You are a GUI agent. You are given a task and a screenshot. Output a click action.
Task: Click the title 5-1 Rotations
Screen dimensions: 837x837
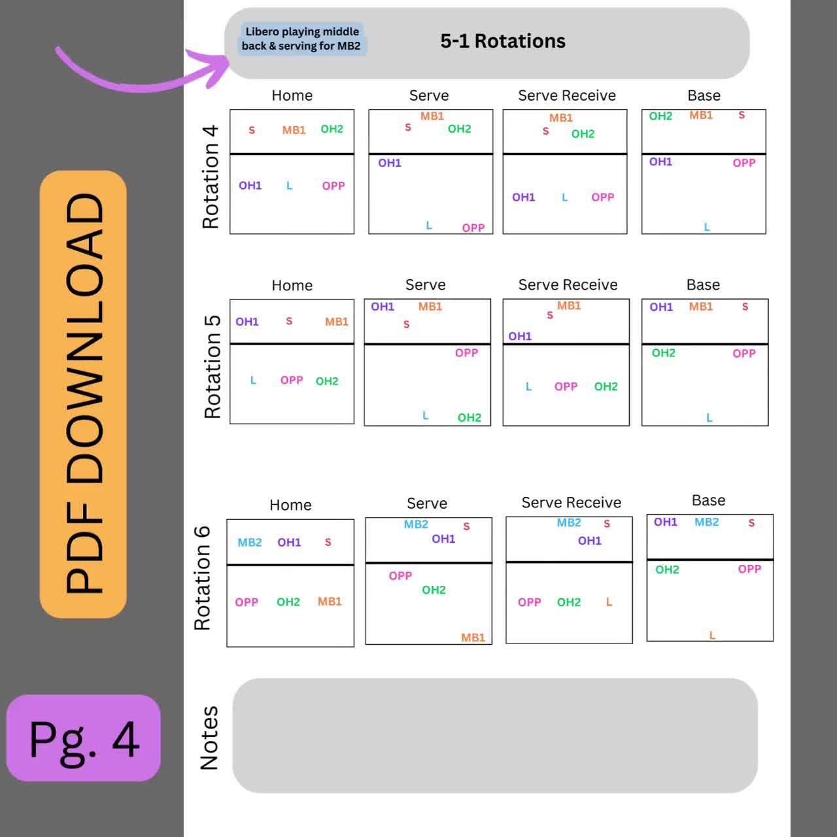(x=502, y=41)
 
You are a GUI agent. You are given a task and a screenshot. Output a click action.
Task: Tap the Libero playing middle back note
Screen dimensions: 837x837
(x=301, y=39)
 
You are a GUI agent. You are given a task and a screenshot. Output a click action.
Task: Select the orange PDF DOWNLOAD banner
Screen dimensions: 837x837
(x=83, y=394)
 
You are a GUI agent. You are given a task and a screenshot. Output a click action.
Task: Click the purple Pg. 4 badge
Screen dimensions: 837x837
(x=84, y=738)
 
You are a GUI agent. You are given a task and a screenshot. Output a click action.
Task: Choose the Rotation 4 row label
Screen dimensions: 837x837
(x=211, y=177)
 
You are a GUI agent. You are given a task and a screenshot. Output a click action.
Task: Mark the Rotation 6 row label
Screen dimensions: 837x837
(x=203, y=577)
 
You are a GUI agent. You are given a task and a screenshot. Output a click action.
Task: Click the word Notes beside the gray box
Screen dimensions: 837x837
(x=209, y=738)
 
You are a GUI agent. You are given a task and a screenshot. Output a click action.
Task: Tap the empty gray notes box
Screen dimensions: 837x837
(x=495, y=736)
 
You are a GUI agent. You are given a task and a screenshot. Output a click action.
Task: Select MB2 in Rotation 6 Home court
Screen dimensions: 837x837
(x=250, y=543)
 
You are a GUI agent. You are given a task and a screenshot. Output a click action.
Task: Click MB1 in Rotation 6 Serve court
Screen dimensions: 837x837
(x=473, y=638)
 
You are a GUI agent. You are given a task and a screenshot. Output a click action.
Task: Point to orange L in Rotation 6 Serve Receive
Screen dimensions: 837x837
(x=609, y=602)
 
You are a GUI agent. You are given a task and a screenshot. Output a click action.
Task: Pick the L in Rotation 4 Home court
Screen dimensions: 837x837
(x=289, y=186)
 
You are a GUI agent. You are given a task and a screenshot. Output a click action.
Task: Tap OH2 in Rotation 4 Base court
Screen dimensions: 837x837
(x=660, y=116)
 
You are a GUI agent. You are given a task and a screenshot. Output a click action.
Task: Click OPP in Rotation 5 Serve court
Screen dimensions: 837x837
(x=466, y=353)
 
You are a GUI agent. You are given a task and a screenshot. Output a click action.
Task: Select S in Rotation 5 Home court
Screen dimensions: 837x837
(x=289, y=321)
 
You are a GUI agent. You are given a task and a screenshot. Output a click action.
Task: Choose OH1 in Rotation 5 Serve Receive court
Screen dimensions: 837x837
(x=520, y=336)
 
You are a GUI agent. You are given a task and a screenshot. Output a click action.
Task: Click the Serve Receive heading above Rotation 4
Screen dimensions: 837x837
(x=567, y=95)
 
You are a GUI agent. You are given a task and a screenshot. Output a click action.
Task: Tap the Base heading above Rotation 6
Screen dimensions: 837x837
(x=708, y=500)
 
